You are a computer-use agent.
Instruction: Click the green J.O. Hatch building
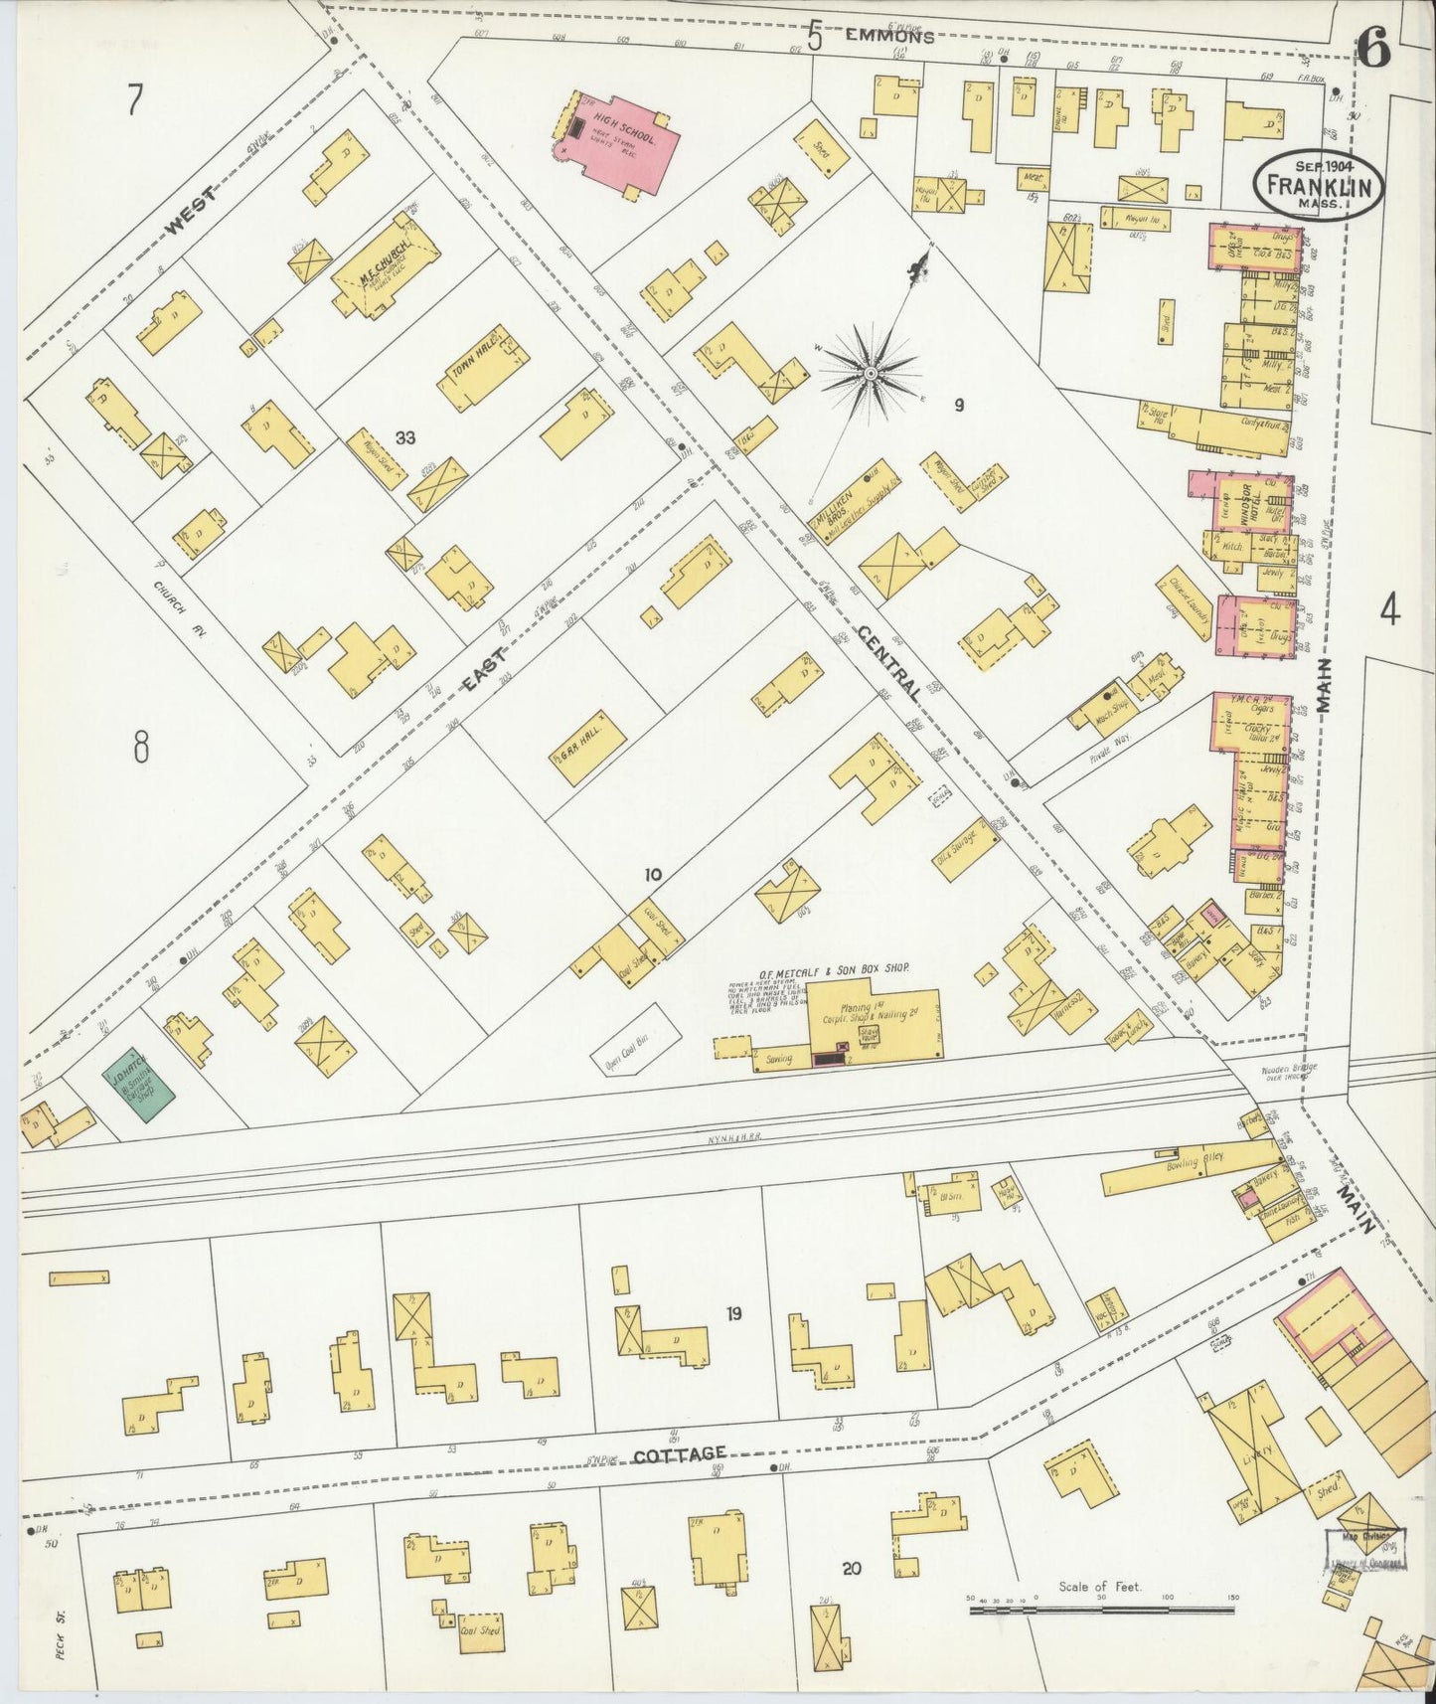click(139, 1089)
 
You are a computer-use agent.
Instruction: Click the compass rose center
click(870, 373)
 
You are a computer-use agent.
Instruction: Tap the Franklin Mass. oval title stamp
click(1318, 185)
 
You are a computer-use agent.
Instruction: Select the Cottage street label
click(680, 1453)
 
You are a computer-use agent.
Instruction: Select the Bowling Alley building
click(1189, 1172)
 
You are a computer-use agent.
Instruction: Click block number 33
click(404, 437)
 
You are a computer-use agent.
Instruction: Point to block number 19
click(733, 1314)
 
